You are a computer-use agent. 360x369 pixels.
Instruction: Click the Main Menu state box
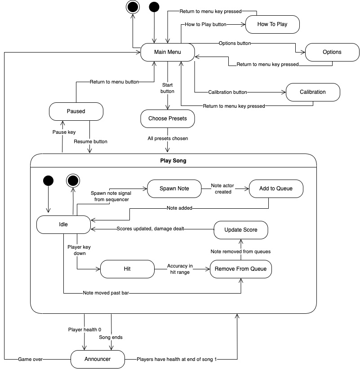[x=168, y=52]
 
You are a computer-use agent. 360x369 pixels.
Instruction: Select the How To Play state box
[x=272, y=24]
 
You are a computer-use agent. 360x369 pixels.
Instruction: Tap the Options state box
[x=332, y=52]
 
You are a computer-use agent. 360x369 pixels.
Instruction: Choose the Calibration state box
[x=313, y=92]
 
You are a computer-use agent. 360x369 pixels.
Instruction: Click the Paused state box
[x=76, y=111]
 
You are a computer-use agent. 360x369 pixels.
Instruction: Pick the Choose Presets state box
[x=168, y=119]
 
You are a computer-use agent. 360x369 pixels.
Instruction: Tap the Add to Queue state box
[x=276, y=189]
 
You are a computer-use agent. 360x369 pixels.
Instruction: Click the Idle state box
[x=63, y=224]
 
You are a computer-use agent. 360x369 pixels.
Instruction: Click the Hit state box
[x=127, y=269]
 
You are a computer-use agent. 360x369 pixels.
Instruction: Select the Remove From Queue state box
[x=241, y=269]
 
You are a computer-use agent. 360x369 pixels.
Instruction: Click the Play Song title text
[x=173, y=161]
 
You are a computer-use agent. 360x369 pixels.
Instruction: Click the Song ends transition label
[x=111, y=337]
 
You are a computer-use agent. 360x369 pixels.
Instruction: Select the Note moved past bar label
[x=108, y=293]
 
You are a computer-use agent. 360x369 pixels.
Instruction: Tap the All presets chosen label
[x=168, y=138]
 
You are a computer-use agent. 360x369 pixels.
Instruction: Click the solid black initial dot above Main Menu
[x=154, y=7]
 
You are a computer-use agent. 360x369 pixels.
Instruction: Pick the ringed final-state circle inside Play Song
[x=73, y=180]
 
